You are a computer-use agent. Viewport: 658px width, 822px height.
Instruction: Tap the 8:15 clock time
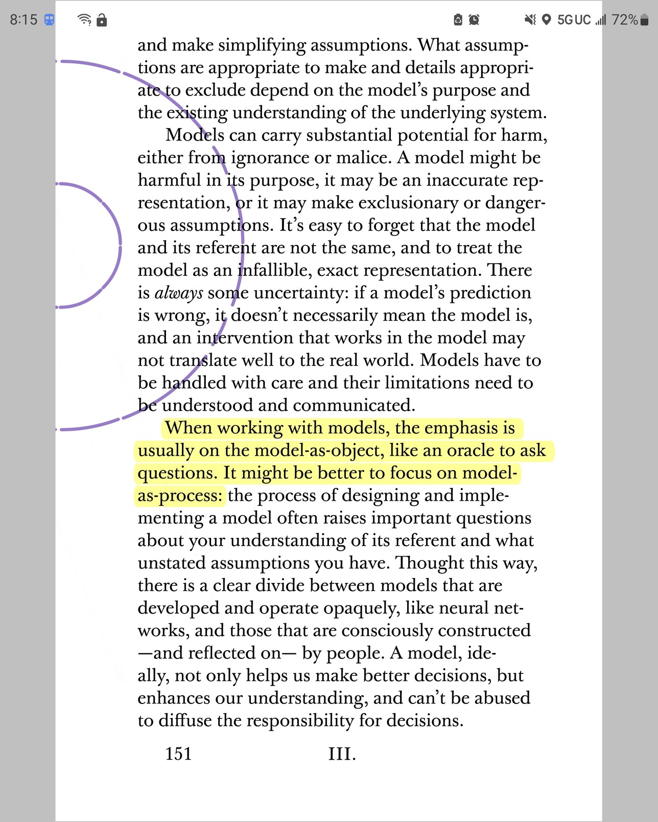pos(24,20)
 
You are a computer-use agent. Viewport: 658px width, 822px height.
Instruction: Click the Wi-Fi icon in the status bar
pos(84,20)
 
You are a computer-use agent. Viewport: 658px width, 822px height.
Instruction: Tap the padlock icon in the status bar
pos(102,20)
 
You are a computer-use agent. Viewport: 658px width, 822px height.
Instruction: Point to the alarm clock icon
pos(474,20)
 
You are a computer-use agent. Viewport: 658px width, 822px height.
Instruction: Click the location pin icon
pos(546,20)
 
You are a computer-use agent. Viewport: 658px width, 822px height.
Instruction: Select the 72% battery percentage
pos(624,20)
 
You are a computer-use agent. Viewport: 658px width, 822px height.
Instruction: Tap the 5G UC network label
pos(574,20)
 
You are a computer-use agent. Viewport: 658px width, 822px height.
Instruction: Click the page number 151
pos(178,754)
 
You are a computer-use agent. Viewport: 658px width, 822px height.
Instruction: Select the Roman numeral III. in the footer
pos(342,754)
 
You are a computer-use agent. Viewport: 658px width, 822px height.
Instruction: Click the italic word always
pos(179,293)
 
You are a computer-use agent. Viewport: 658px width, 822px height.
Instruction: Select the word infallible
pos(270,270)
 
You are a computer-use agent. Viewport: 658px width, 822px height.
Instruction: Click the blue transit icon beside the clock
pos(49,20)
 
